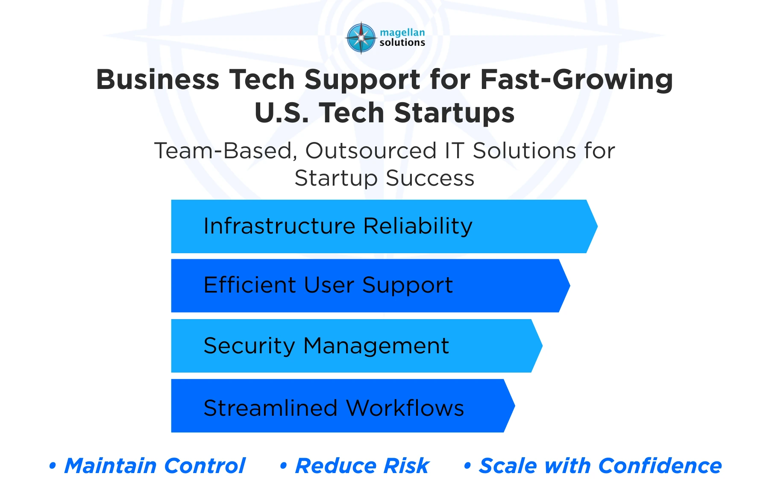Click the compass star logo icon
tap(361, 38)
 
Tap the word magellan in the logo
tap(402, 33)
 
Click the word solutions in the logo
tap(402, 43)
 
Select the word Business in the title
tap(158, 80)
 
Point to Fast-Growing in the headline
tap(576, 80)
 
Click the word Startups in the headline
tap(454, 113)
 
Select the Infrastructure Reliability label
tap(338, 226)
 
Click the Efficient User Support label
tap(328, 285)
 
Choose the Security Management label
tap(326, 346)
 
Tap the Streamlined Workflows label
tap(334, 408)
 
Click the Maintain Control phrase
tap(155, 466)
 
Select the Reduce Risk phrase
tap(362, 466)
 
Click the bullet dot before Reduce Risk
tap(283, 466)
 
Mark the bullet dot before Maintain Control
tap(53, 466)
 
